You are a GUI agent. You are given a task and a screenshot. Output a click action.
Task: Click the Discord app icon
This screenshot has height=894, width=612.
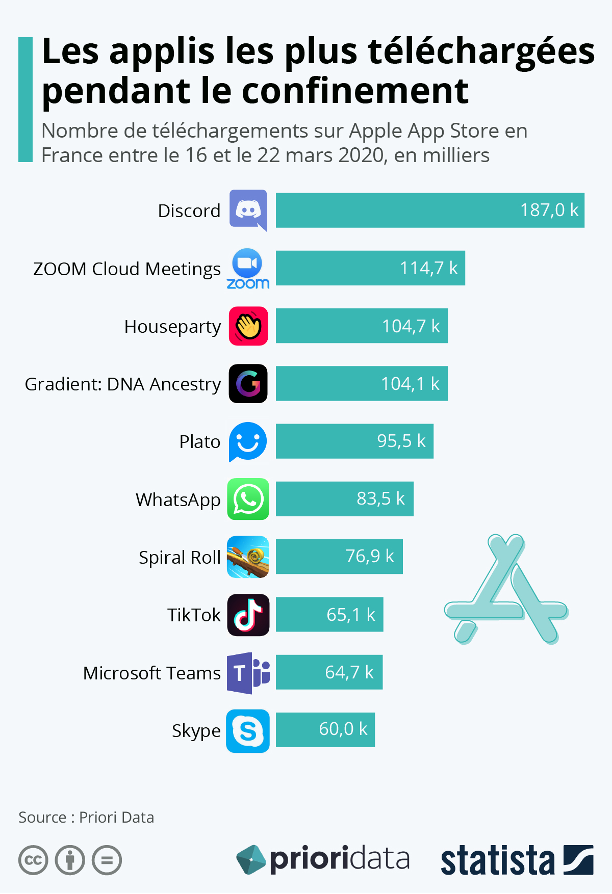248,209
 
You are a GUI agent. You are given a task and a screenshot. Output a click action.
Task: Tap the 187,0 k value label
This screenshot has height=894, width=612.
549,210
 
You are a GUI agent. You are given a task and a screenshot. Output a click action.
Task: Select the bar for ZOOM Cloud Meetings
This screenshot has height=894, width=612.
370,268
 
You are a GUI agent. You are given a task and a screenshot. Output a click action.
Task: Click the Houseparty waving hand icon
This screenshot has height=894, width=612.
248,326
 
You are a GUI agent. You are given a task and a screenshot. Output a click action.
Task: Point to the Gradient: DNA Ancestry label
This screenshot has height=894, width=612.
123,384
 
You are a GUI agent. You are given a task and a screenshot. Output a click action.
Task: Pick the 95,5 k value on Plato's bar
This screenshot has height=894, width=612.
401,441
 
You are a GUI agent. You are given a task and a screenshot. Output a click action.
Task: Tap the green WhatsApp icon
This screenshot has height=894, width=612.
248,499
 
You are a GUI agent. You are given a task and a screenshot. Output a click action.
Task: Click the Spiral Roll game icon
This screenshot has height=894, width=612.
248,557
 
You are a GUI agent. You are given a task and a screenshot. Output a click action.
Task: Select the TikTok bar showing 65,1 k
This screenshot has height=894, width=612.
329,614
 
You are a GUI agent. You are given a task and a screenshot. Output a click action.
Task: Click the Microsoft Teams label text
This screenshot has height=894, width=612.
152,673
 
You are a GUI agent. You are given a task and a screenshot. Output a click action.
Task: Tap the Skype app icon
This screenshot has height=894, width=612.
248,731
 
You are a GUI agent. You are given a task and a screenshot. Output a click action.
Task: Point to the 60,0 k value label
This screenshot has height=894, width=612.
343,729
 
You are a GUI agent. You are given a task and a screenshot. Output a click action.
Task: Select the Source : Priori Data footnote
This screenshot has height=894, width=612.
86,817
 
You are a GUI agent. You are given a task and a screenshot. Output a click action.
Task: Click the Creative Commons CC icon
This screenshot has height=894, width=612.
33,860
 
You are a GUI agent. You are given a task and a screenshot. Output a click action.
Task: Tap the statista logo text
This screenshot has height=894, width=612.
497,860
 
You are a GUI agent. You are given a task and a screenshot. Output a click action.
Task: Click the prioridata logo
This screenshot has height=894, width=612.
323,859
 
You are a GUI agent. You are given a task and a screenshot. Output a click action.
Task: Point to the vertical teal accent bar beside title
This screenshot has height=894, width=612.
25,99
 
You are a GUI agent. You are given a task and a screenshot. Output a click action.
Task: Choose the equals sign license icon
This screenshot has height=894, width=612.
107,860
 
